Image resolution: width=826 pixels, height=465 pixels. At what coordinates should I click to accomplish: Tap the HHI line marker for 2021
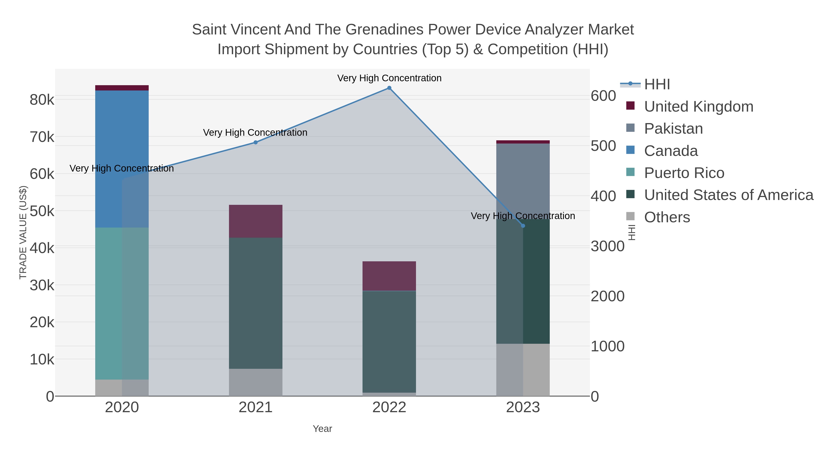click(256, 142)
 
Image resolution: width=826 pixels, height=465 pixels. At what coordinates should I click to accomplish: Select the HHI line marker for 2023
click(523, 225)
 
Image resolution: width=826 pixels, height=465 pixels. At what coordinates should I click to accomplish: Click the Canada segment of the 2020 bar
click(122, 159)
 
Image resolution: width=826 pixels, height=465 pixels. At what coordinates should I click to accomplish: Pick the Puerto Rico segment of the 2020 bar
click(122, 303)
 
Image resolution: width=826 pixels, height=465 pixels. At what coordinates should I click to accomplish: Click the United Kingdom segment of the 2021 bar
click(256, 221)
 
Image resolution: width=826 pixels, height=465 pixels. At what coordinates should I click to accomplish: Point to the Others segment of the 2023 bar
click(523, 370)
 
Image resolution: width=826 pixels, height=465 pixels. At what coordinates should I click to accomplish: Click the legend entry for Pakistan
click(673, 128)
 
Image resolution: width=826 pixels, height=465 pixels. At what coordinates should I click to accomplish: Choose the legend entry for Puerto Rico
click(684, 173)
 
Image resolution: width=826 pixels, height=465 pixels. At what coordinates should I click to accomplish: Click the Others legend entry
click(667, 217)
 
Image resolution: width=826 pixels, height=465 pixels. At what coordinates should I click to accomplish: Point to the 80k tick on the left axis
click(42, 100)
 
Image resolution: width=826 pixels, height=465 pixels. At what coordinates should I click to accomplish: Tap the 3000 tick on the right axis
click(608, 246)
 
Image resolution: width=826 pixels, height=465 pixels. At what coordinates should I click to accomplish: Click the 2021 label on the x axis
click(256, 407)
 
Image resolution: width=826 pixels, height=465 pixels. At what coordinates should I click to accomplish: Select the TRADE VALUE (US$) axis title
click(23, 232)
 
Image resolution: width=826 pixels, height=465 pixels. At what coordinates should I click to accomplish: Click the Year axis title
click(322, 429)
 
